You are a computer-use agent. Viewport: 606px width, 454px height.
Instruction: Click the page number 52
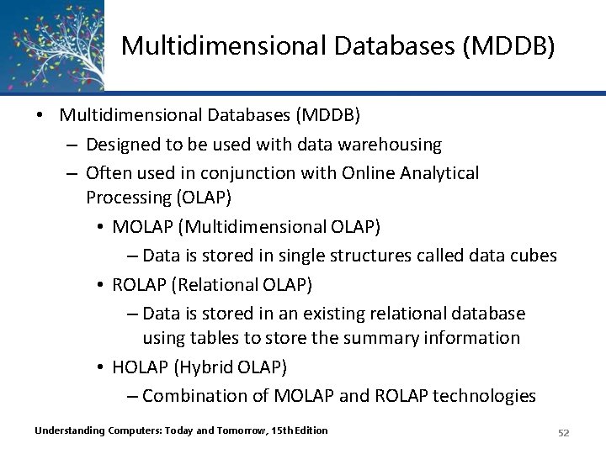coord(564,432)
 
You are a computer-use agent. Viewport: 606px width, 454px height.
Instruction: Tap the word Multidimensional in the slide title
coord(208,46)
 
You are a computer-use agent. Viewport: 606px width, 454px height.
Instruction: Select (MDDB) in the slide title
coord(508,46)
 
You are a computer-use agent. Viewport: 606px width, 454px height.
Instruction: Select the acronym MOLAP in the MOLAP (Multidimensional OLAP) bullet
coord(141,227)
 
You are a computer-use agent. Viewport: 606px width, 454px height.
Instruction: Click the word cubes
coord(530,255)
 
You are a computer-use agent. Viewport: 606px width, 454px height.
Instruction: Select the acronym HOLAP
coord(140,367)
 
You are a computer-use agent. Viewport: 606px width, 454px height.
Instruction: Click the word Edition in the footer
coord(309,431)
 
